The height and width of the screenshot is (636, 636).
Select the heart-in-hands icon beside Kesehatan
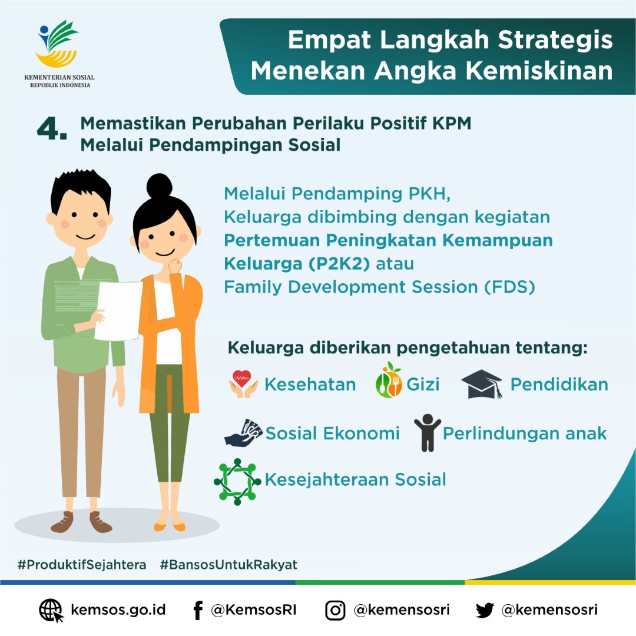(x=243, y=384)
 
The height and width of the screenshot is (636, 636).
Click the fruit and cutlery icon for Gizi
(x=389, y=382)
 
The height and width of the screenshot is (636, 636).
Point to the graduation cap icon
(x=482, y=385)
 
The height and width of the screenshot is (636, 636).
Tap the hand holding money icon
(x=243, y=434)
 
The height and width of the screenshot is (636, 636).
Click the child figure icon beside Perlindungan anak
(x=427, y=433)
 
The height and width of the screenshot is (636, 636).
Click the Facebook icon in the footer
(x=198, y=610)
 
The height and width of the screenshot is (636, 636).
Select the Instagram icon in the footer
(x=335, y=610)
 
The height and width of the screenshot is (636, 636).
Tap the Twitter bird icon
(x=485, y=610)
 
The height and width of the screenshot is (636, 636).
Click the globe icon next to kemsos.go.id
(x=51, y=610)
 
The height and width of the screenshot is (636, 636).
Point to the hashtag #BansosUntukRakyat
(x=228, y=565)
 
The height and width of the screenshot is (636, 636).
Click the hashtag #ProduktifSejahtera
(x=82, y=565)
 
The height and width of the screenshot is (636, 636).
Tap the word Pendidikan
(x=559, y=385)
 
